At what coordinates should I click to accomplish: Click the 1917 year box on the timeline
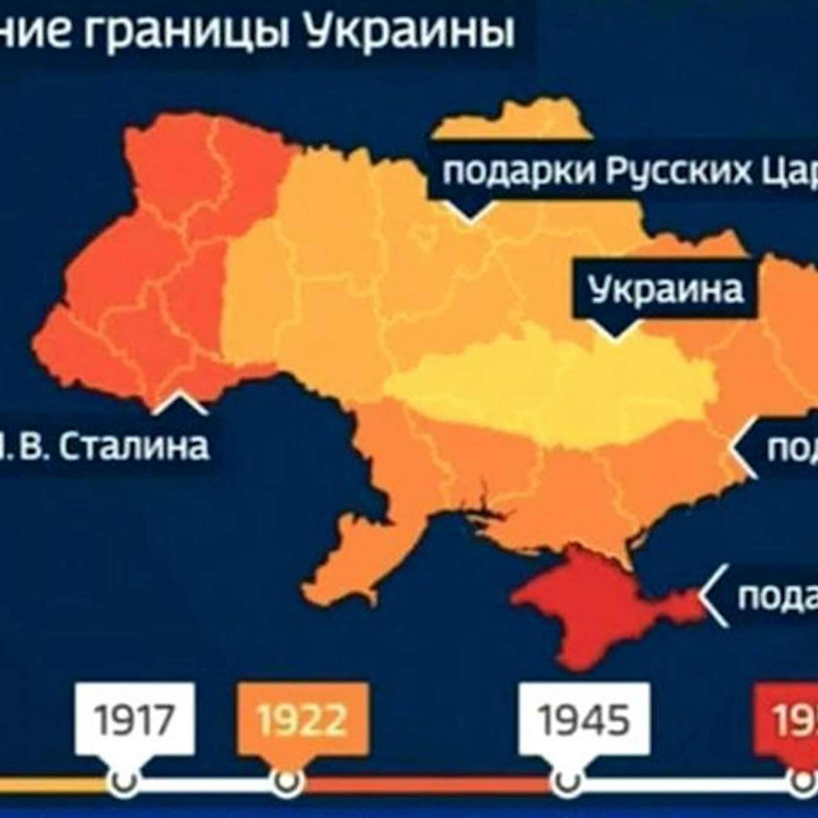coord(135,719)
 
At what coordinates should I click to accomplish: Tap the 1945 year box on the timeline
coord(584,719)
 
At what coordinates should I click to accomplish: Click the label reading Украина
coord(666,289)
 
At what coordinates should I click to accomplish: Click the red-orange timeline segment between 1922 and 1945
coord(426,781)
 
